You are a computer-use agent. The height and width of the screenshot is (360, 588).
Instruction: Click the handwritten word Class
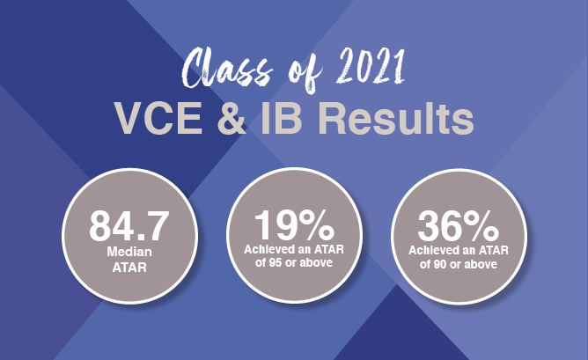[228, 70]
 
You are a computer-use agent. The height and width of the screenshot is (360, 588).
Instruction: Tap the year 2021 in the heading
[371, 67]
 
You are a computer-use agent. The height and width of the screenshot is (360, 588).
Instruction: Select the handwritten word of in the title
[305, 74]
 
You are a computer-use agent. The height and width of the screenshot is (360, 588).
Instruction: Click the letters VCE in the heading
[158, 118]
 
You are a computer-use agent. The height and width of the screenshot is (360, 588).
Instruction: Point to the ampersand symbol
[232, 118]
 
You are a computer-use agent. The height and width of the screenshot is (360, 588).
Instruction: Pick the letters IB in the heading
[282, 118]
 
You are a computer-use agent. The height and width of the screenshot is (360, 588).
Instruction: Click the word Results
[396, 118]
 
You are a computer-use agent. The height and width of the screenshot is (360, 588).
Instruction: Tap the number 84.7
[129, 225]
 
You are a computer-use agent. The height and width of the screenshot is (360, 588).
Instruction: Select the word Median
[129, 252]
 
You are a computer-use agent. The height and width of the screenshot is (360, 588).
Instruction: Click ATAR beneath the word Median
[129, 268]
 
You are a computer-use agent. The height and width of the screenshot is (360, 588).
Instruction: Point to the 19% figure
[294, 225]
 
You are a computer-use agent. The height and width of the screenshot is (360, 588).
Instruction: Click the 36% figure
[459, 225]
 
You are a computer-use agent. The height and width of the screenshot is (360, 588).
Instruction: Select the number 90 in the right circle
[440, 264]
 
